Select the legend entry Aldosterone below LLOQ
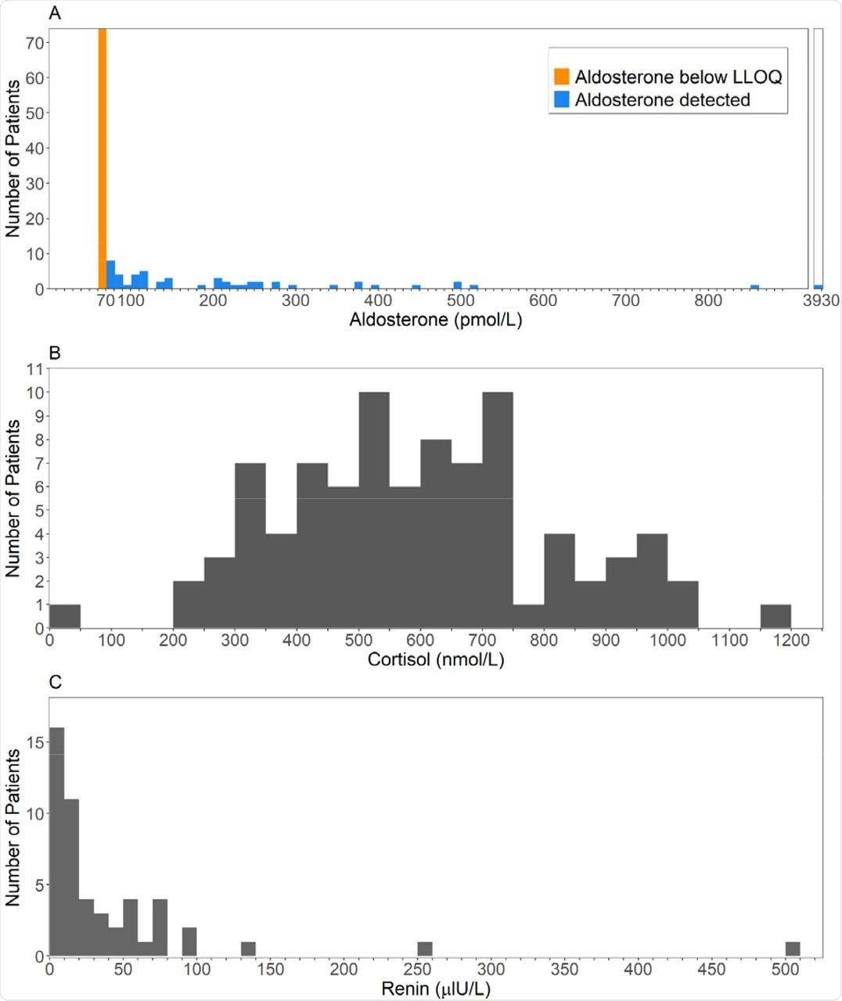678,77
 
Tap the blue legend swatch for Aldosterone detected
561,100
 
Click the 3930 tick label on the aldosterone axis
820,301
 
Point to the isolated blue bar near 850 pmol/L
754,287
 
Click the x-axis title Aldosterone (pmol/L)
435,320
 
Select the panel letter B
55,353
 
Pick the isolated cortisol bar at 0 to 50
65,616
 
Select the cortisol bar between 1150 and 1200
775,616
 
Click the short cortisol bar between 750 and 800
528,616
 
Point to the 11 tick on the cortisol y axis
35,368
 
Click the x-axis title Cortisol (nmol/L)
435,660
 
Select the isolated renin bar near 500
792,949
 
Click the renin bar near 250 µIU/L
425,949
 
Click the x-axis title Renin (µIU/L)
435,989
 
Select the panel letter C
55,682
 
